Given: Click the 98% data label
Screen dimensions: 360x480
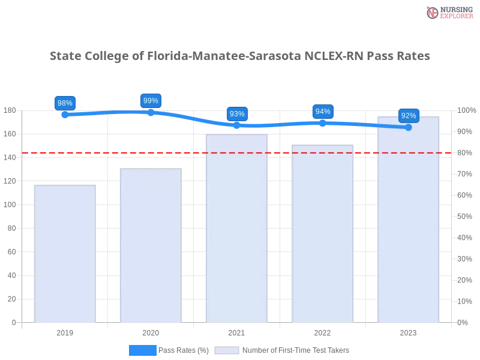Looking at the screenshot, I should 64,103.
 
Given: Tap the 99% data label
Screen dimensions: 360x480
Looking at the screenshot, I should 151,101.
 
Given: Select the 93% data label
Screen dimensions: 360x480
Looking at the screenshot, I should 237,114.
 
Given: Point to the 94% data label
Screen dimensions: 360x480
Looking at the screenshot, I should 323,112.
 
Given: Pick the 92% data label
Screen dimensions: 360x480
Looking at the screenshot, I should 409,116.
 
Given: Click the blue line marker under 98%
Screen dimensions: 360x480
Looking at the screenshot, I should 64,115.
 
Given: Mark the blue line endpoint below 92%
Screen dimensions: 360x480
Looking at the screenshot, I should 409,127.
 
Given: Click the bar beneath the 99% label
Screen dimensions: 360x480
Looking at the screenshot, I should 151,246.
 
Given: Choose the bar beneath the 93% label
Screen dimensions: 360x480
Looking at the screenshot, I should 237,228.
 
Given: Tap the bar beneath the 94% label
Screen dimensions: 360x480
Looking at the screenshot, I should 323,234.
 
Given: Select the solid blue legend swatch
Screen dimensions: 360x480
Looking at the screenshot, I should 143,350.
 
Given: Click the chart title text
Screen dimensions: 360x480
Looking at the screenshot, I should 240,56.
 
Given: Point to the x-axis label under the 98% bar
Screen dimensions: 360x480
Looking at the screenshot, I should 65,332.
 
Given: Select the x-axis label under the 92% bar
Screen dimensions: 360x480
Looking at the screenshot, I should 409,332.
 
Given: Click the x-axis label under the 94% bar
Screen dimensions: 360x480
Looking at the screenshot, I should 323,332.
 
